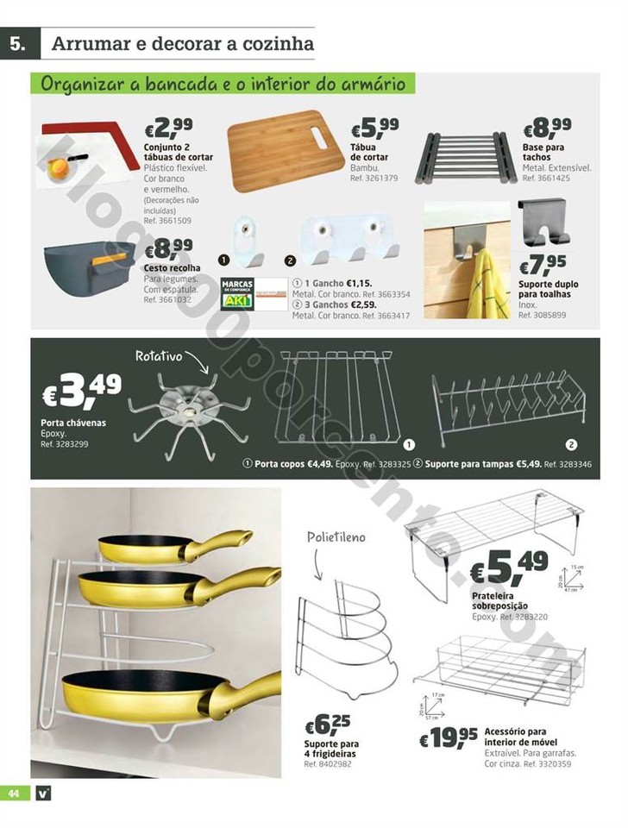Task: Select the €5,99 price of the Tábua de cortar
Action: (374, 128)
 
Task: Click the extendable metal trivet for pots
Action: (467, 157)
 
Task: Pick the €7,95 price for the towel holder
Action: (543, 263)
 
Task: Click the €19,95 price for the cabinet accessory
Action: (449, 737)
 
